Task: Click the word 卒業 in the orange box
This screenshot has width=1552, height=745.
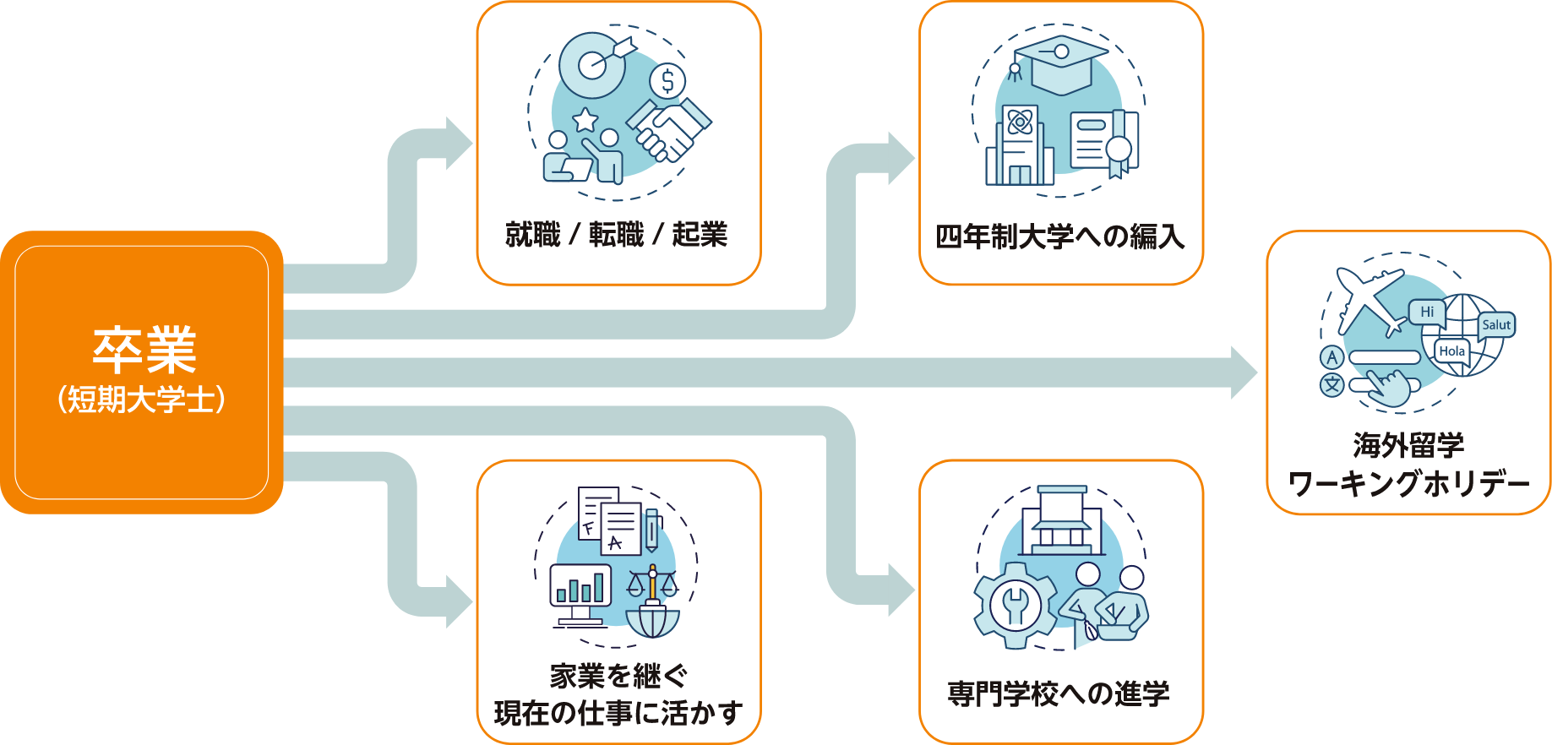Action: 144,350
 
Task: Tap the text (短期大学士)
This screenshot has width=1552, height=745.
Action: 142,399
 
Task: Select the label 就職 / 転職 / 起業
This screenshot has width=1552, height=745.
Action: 617,235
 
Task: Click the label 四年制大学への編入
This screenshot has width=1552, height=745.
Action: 1060,237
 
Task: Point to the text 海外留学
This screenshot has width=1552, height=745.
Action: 1408,445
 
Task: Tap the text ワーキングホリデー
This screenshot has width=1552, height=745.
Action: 1408,484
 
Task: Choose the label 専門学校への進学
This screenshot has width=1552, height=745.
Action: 1059,694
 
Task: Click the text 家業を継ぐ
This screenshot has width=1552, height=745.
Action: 618,676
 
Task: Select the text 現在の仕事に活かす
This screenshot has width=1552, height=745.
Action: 618,713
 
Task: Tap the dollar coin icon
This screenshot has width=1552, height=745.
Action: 667,82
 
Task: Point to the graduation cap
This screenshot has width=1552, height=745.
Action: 1061,63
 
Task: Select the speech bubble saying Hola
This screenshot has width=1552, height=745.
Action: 1452,351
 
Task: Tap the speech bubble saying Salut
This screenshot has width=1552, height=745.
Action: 1496,325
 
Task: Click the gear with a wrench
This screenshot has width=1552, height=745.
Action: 1015,605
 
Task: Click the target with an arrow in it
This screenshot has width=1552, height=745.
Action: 595,64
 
